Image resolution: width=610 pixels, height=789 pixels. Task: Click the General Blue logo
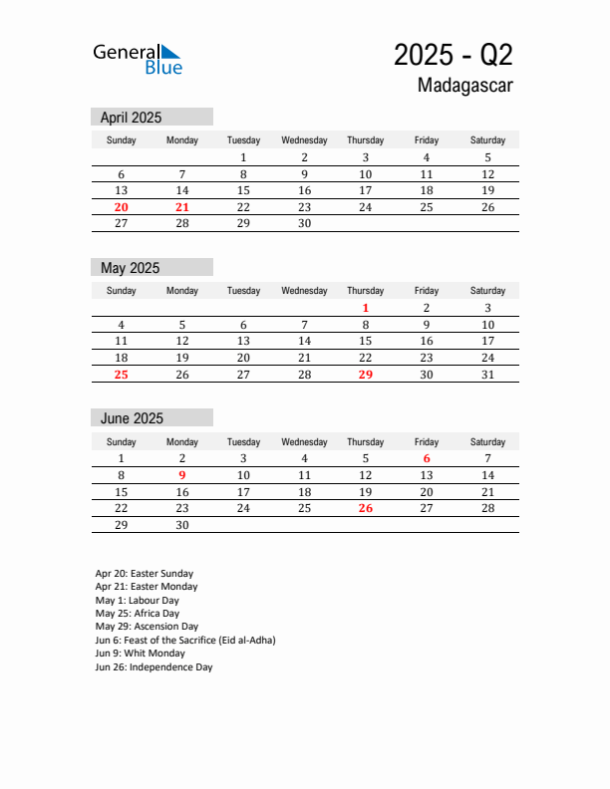point(138,59)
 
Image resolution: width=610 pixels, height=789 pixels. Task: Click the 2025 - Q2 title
point(454,54)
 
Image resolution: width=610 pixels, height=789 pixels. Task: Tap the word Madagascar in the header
point(465,86)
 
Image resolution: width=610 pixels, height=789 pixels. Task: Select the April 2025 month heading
point(132,118)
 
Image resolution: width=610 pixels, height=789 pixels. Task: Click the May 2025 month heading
point(131,268)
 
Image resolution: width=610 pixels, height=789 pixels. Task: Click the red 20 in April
point(122,207)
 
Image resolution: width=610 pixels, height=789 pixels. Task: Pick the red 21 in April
point(182,207)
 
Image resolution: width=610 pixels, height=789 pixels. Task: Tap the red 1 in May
point(366,308)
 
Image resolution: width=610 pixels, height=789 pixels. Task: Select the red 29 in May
point(366,375)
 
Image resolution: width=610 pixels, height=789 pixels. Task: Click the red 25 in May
point(122,375)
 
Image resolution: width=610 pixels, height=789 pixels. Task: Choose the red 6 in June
point(427,458)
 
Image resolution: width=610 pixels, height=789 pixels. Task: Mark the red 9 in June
point(182,475)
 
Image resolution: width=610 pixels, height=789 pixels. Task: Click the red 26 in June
point(366,508)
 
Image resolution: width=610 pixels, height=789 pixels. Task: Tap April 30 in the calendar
point(304,224)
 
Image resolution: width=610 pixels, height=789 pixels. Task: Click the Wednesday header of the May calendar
point(304,291)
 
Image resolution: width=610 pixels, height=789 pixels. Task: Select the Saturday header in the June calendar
point(487,441)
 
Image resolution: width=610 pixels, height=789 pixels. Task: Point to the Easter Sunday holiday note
point(145,574)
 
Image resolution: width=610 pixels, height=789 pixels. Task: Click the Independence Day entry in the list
point(153,667)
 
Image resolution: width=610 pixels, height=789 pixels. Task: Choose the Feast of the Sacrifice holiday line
point(185,641)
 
